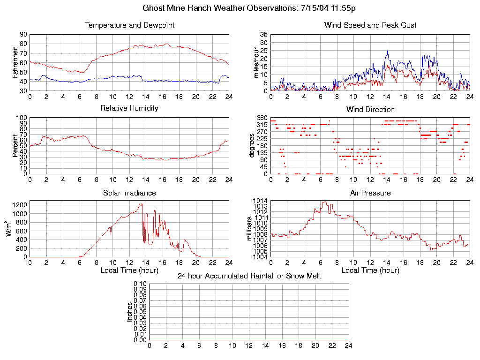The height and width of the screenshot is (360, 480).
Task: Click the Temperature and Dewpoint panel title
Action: point(129,25)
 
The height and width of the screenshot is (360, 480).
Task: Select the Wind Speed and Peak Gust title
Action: point(370,25)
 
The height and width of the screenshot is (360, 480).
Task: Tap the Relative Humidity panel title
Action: point(129,108)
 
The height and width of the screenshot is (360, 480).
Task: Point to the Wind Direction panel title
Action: point(370,109)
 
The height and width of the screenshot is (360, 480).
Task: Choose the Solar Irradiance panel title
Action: point(129,193)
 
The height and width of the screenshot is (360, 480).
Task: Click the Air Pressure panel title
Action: point(370,193)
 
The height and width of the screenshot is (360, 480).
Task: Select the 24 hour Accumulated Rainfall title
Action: point(249,276)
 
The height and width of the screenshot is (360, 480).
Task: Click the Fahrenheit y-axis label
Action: point(15,62)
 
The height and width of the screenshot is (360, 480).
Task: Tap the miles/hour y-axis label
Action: point(256,62)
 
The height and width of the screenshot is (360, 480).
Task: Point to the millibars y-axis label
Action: point(250,229)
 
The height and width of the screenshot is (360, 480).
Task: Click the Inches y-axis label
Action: point(129,312)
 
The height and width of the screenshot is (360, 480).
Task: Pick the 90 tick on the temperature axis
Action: point(23,35)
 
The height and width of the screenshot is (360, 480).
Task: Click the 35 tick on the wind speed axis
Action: point(263,35)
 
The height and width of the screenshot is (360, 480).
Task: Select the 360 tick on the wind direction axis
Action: point(262,118)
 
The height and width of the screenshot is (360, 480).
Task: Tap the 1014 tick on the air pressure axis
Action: point(260,201)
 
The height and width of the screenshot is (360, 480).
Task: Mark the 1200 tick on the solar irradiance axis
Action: point(20,205)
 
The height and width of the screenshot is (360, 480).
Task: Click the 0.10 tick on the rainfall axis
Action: point(140,284)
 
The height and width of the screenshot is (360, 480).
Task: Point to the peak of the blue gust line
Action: point(388,51)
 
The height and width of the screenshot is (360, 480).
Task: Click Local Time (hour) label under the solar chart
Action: point(129,270)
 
